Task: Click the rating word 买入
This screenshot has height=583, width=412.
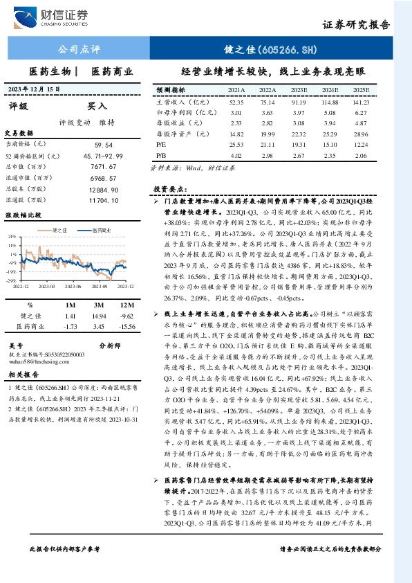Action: [97, 107]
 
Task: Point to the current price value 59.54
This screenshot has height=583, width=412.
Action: [104, 144]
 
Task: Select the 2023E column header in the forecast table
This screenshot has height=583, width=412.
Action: [299, 91]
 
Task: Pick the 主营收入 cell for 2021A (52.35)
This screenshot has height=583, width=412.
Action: [236, 101]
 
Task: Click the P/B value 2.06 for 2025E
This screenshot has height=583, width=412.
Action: [361, 156]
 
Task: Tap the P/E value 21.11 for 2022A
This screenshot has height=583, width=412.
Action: [268, 145]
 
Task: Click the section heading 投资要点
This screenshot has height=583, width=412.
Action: [169, 188]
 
